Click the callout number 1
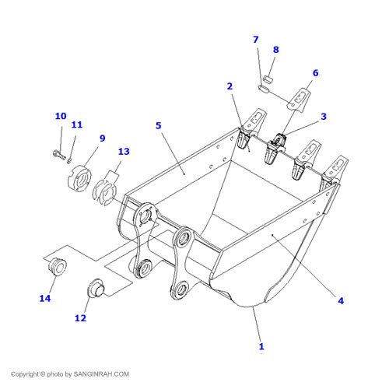pos(261,346)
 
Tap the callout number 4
pos(341,301)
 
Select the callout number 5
pos(159,125)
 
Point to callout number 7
pos(256,40)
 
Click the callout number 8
pos(276,50)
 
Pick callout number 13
pos(124,152)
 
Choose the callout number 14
pos(45,298)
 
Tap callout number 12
pos(80,318)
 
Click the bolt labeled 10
pos(59,155)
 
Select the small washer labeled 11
pos(69,160)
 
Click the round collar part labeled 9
pos(79,178)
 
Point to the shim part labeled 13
pos(105,192)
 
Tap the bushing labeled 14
pos(58,266)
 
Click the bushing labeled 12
pos(96,288)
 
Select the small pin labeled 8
pos(268,79)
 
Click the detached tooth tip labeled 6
pos(299,100)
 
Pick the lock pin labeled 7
pos(264,89)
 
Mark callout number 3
pos(324,117)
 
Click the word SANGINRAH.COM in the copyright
pos(101,374)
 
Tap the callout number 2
pos(230,86)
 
